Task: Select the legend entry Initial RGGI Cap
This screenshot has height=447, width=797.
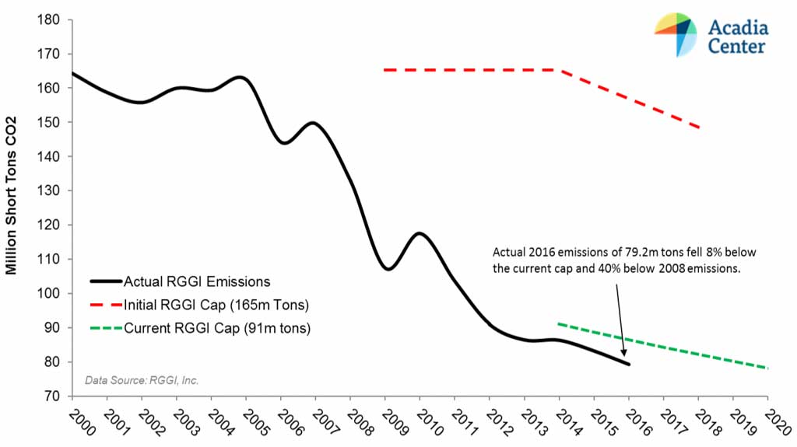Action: (201, 304)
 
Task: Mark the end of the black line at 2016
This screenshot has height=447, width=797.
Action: (628, 364)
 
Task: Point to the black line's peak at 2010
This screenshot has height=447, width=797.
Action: (420, 233)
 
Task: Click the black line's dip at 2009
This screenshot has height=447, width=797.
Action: (388, 269)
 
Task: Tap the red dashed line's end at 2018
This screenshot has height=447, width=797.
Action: (699, 127)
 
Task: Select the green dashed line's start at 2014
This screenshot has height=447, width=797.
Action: (559, 323)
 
